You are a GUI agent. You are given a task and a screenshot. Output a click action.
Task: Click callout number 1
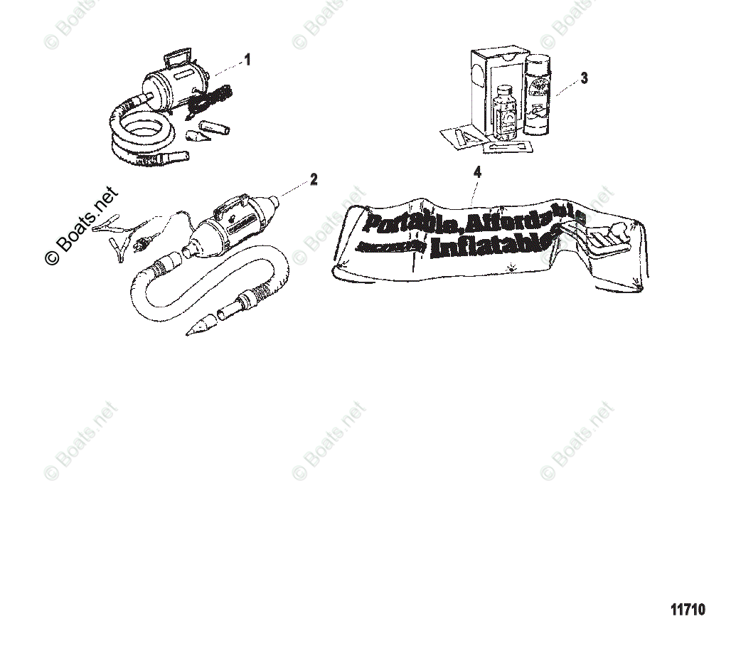(x=247, y=60)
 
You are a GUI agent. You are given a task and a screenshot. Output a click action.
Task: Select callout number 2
(x=314, y=179)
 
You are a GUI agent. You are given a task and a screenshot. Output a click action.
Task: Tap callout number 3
(x=584, y=78)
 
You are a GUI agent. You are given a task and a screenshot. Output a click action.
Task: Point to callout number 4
(x=477, y=171)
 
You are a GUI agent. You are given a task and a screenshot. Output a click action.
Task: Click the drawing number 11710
(x=688, y=610)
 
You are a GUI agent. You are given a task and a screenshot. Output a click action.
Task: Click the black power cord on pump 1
(x=206, y=100)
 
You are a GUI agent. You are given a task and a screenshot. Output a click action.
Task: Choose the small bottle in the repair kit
(x=506, y=114)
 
